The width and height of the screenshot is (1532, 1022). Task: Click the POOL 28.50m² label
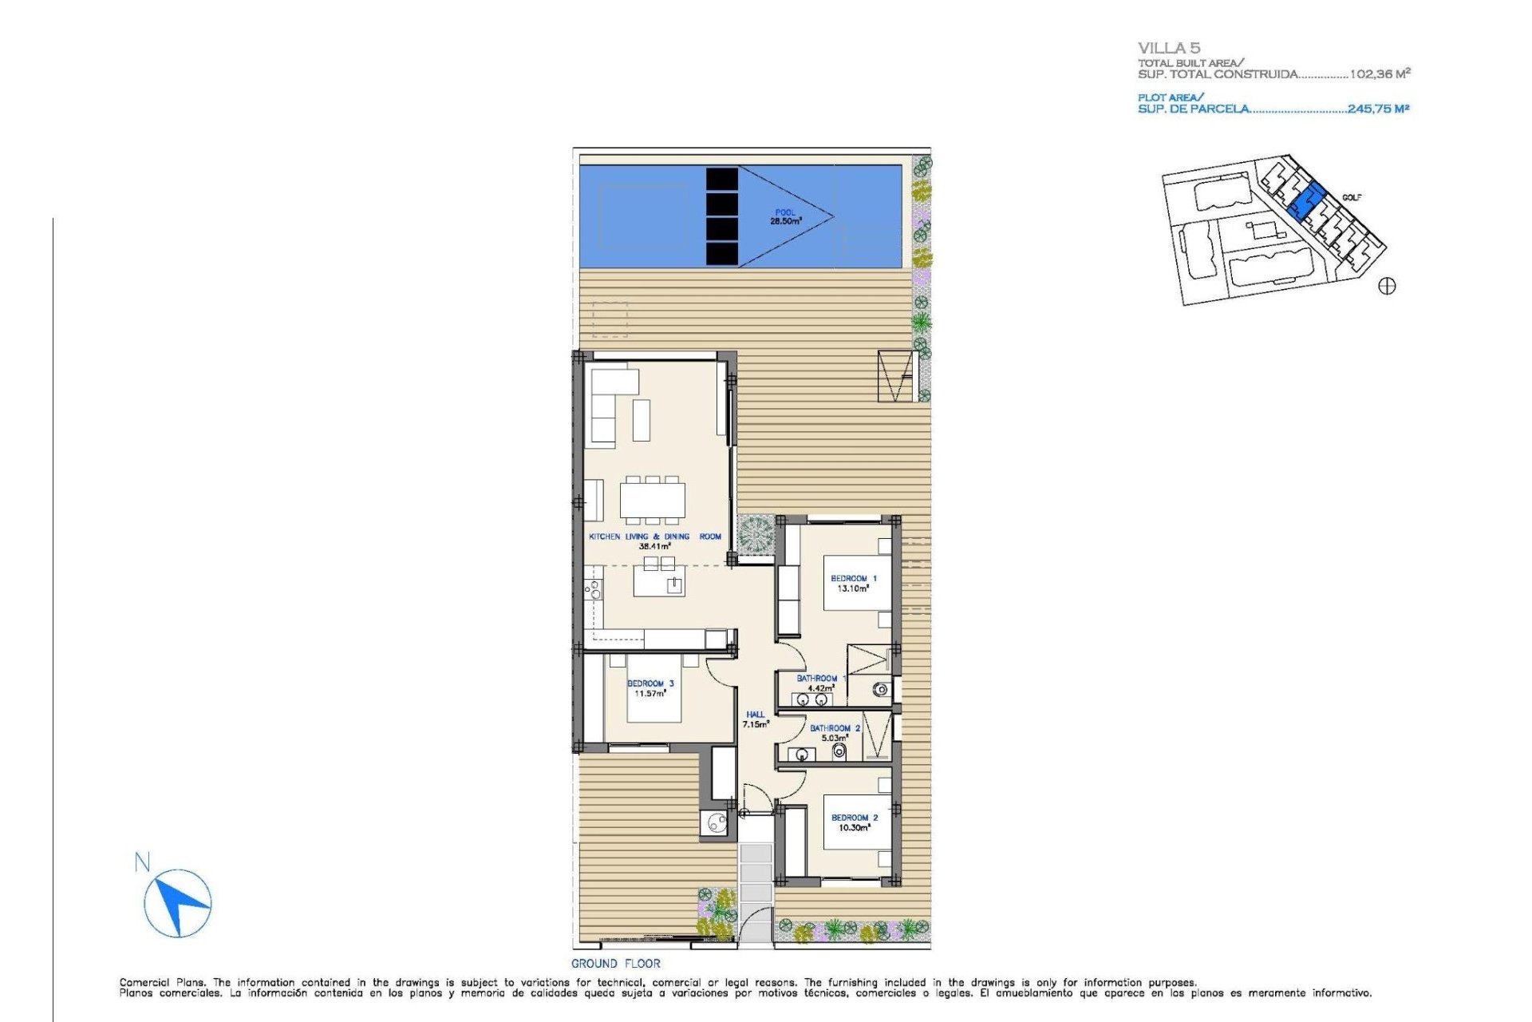tap(786, 217)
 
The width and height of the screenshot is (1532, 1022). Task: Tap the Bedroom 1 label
tap(853, 584)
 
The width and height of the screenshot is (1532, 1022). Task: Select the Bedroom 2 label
tap(854, 822)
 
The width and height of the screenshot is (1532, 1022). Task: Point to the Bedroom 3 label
tap(650, 688)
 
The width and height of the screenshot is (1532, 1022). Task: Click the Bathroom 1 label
tap(821, 683)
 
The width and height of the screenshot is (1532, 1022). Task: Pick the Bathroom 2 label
tap(835, 733)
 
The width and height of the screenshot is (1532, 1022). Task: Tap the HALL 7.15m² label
tap(756, 719)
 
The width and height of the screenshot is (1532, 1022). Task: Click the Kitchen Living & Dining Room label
tap(654, 541)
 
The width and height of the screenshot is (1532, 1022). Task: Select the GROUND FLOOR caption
tap(616, 964)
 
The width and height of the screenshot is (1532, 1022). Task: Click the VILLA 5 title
tap(1169, 48)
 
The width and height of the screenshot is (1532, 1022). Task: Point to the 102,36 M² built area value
tap(1380, 73)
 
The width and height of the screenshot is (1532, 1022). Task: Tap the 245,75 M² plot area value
tap(1379, 109)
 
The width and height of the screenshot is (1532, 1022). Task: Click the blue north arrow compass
tap(178, 903)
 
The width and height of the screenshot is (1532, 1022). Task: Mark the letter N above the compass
tap(142, 862)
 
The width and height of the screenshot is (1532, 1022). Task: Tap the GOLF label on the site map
tap(1352, 197)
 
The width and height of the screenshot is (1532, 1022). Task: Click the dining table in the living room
tap(653, 501)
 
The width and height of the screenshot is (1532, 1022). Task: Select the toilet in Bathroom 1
tap(881, 688)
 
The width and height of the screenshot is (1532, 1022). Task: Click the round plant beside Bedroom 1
tap(755, 534)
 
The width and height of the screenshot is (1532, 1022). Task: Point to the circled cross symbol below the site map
tap(1387, 286)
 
